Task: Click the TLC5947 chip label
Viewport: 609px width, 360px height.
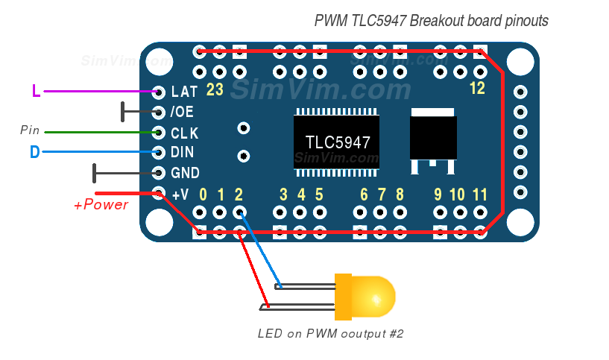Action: pyautogui.click(x=338, y=142)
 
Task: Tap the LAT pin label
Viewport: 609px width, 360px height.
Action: pyautogui.click(x=184, y=92)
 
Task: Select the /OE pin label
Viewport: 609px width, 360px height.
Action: pyautogui.click(x=183, y=113)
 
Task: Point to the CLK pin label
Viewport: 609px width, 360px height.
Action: pyautogui.click(x=185, y=133)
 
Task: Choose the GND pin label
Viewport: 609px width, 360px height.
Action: pyautogui.click(x=185, y=173)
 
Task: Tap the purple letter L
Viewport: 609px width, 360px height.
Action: pyautogui.click(x=36, y=92)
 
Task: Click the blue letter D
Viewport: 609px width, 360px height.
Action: pyautogui.click(x=34, y=153)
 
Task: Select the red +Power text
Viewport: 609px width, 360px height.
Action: pyautogui.click(x=101, y=205)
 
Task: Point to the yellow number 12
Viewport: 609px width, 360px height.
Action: pyautogui.click(x=477, y=89)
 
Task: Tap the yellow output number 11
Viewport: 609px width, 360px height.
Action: pyautogui.click(x=480, y=195)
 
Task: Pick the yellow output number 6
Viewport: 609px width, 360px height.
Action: pyautogui.click(x=364, y=195)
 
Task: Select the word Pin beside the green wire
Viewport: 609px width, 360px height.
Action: pyautogui.click(x=30, y=130)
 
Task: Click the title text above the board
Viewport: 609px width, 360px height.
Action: pyautogui.click(x=431, y=21)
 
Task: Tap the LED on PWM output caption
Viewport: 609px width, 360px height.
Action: pyautogui.click(x=330, y=333)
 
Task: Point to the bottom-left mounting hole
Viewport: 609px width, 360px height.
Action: pyautogui.click(x=159, y=221)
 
